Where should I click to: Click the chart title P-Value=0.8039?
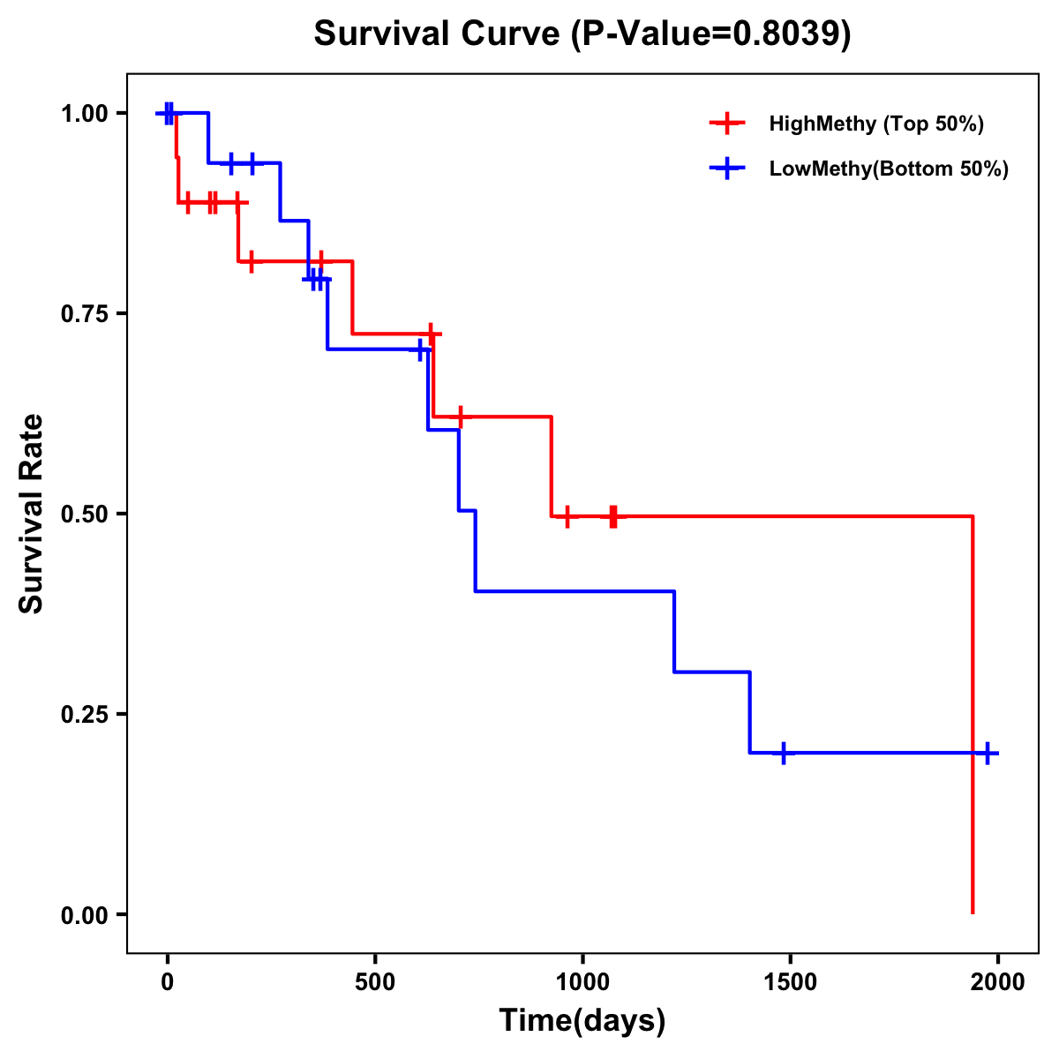[582, 34]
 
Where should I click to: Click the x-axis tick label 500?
[375, 982]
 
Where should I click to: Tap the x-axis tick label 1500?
[790, 982]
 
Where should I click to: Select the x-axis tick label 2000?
[997, 982]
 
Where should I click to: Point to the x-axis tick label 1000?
[582, 982]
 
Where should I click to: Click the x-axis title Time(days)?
[582, 1021]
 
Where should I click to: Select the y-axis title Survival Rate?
[32, 514]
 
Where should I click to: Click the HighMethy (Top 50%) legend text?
[876, 124]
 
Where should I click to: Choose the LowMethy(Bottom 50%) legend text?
[889, 169]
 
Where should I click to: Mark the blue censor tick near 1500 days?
[783, 754]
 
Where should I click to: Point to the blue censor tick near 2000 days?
[988, 754]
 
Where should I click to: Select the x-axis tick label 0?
[167, 982]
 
